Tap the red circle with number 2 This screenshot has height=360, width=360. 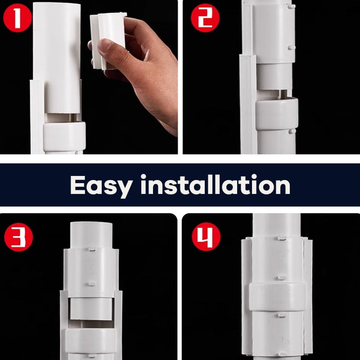coord(205,19)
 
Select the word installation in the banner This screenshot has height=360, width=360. coord(215,184)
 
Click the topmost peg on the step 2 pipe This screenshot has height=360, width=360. coord(292,6)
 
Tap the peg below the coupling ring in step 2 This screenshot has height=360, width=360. coord(292,131)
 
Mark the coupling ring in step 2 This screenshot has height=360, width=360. coord(277,113)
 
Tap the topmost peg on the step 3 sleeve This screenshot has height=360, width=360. coord(92,248)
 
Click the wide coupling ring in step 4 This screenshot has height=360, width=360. coord(277,297)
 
